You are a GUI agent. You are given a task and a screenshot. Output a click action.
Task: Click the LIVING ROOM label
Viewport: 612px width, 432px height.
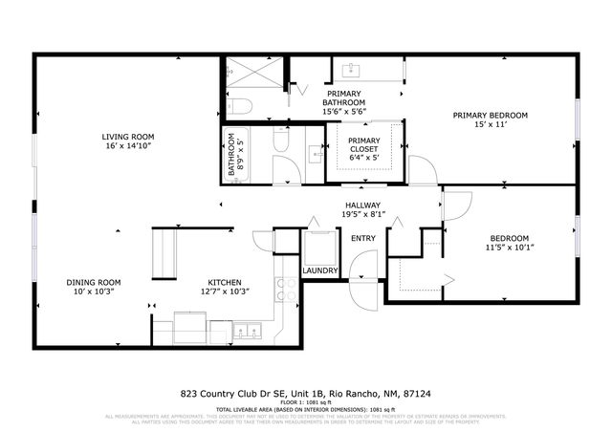[128, 137]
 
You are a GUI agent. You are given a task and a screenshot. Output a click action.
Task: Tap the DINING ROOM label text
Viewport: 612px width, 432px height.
[93, 282]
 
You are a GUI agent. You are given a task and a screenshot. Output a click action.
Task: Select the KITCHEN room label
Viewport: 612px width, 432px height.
[226, 282]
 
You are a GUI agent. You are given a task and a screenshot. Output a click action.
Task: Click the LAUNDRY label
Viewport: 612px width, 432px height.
[318, 270]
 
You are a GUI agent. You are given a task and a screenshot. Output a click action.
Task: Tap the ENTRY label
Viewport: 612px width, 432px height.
[363, 238]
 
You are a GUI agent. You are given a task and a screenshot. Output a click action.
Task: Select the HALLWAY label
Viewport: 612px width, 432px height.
[363, 205]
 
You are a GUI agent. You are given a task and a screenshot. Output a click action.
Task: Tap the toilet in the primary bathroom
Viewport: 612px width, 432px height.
[240, 106]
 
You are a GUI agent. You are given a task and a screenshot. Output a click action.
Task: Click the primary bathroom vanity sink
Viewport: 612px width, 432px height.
[350, 69]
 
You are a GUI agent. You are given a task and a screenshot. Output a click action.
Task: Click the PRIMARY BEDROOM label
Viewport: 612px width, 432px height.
[489, 115]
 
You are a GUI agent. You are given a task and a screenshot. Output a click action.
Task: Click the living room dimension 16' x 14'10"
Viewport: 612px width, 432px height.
[128, 147]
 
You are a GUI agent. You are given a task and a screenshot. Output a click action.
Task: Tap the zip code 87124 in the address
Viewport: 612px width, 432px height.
[416, 393]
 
